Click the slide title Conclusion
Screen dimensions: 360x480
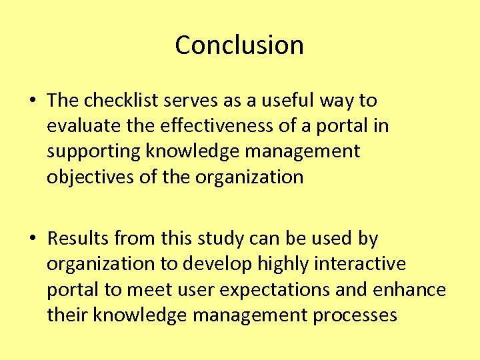(239, 45)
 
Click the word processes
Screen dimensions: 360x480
(355, 315)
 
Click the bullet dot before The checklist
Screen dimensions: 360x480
(33, 101)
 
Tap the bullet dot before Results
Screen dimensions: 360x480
(33, 239)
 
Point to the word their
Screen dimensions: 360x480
(67, 315)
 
